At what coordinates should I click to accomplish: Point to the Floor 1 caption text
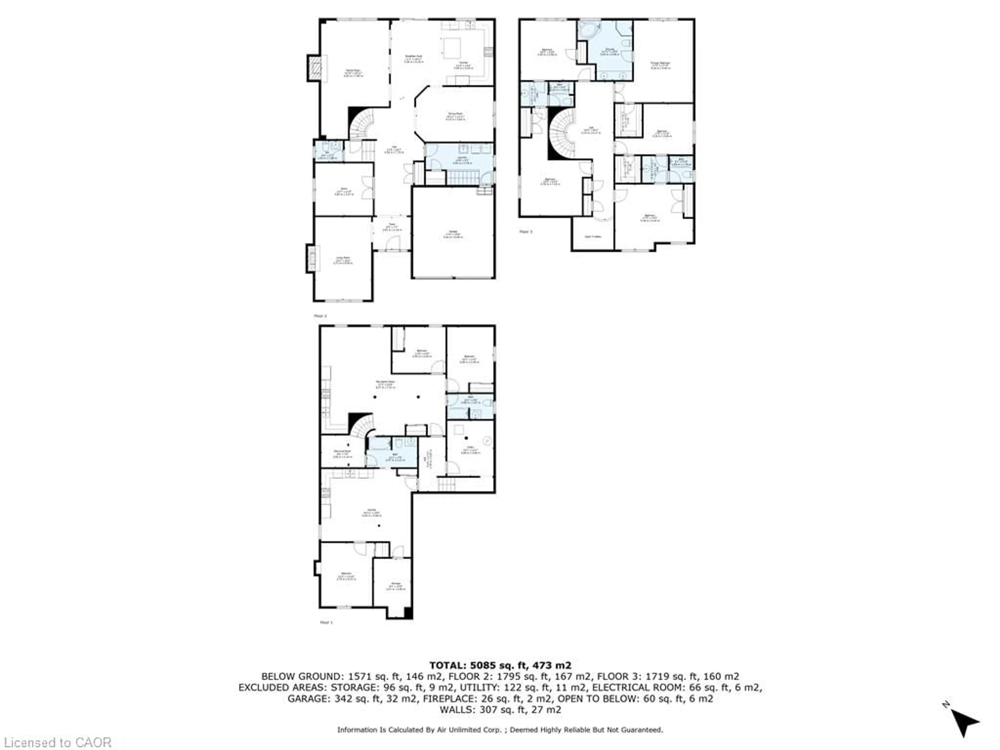(x=326, y=622)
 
